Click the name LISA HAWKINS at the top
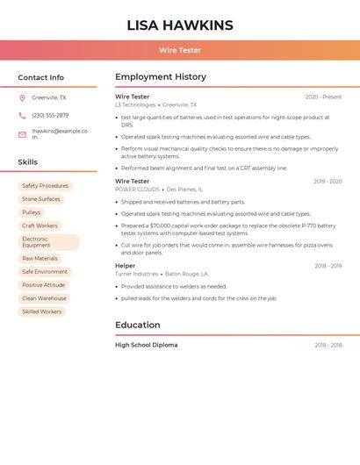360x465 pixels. click(179, 25)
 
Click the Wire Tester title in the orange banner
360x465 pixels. click(179, 51)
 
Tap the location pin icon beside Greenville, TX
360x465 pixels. click(22, 98)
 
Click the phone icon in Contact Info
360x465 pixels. click(22, 115)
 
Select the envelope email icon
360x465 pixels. click(22, 134)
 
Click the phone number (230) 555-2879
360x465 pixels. click(50, 115)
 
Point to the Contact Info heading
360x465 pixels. click(40, 77)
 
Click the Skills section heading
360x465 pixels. click(27, 162)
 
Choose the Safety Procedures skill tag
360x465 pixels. click(45, 186)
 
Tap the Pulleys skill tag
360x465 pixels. click(32, 212)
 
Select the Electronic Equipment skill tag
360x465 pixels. click(48, 242)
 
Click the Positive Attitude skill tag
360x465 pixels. click(44, 285)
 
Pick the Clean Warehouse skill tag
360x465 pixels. click(44, 298)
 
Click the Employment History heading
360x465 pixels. click(160, 77)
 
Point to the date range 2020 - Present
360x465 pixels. click(323, 97)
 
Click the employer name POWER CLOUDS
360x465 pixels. click(137, 190)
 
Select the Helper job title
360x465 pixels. click(125, 266)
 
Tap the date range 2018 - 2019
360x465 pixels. click(328, 266)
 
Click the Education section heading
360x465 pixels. click(137, 325)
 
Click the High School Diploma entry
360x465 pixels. click(146, 345)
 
